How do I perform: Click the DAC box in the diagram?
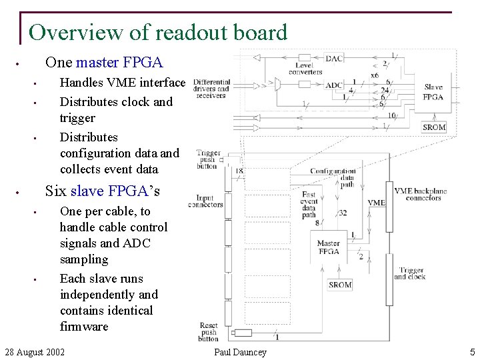pos(334,59)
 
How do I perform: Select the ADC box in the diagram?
pos(334,85)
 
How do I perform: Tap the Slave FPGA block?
pos(433,92)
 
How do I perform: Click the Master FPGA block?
pos(328,247)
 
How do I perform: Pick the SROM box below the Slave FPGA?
pos(434,127)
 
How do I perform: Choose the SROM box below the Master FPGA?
pos(340,285)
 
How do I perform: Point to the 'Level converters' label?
pos(305,69)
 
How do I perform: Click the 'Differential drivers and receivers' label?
pos(211,89)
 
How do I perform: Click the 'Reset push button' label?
pos(209,331)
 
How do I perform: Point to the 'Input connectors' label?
pos(209,201)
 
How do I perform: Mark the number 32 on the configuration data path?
pos(343,213)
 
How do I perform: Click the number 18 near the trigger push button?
pos(240,171)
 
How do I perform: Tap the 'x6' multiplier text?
pos(375,75)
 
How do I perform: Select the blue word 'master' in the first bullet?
pos(98,63)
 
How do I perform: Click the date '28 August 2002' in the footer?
pos(35,352)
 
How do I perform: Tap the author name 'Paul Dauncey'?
pos(240,352)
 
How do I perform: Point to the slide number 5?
pos(472,352)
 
